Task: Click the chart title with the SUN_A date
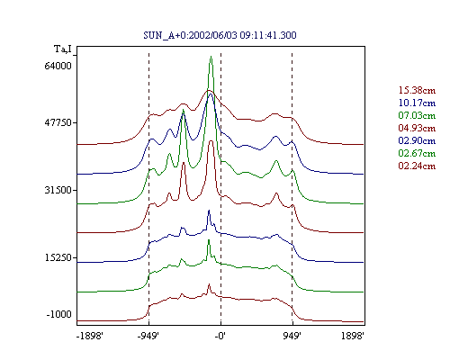(x=220, y=35)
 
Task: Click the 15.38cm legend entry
(x=417, y=90)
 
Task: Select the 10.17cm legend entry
(x=417, y=103)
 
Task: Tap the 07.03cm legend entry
(x=417, y=115)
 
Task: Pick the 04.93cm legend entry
(x=417, y=128)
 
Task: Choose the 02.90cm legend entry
(x=417, y=140)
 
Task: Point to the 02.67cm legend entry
(x=417, y=153)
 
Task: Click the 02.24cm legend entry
(x=417, y=166)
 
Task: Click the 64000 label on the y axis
(x=58, y=66)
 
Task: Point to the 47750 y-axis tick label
(x=58, y=122)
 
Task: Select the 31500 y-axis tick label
(x=58, y=190)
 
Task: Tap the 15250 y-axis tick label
(x=58, y=257)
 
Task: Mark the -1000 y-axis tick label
(x=59, y=314)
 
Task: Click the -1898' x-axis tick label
(x=90, y=336)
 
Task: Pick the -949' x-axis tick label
(x=148, y=336)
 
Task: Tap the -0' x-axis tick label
(x=220, y=336)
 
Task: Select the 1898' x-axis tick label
(x=353, y=336)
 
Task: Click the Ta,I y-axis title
(x=63, y=49)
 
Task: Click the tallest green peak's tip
(x=211, y=56)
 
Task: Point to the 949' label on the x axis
(x=292, y=336)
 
